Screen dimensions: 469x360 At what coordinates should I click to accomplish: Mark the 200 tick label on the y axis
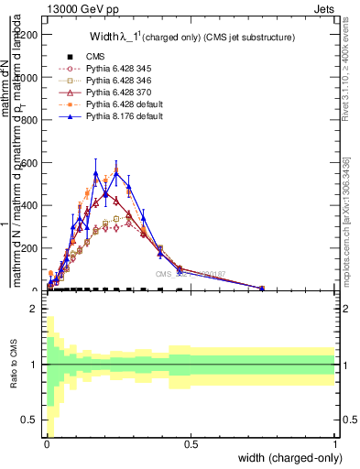32,248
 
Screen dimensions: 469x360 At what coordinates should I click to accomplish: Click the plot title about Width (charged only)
191,38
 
